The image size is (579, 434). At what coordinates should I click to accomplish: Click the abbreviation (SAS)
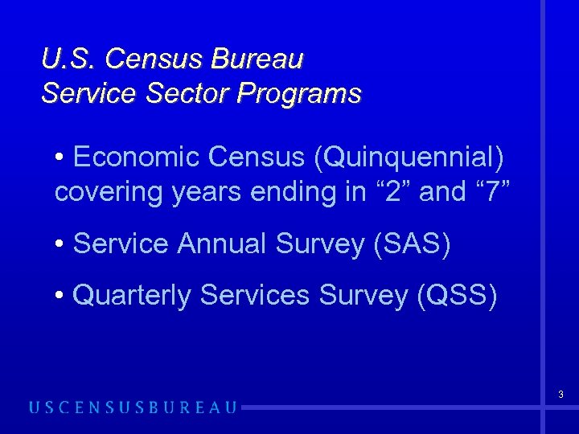(412, 244)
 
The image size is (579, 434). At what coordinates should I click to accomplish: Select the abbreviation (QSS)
(457, 296)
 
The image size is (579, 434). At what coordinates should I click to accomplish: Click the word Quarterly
(132, 296)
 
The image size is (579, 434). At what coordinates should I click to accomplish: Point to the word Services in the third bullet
(255, 296)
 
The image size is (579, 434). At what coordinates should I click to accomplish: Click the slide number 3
(561, 395)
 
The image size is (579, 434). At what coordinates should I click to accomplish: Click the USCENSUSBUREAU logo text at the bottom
(133, 407)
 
